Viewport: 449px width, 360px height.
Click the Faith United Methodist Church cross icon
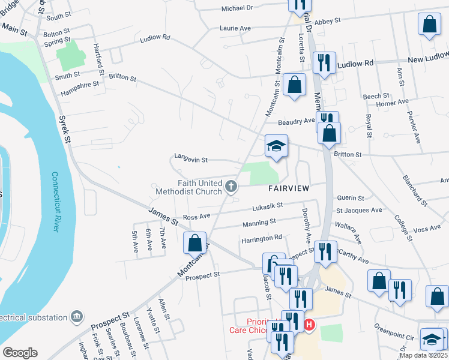click(x=230, y=187)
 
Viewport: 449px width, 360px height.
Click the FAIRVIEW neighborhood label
click(x=288, y=188)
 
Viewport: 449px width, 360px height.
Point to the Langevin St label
click(x=190, y=160)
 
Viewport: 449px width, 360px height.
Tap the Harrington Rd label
click(x=261, y=238)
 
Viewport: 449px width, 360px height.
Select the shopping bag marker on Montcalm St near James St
click(x=194, y=244)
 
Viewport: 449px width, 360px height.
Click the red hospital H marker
click(x=309, y=325)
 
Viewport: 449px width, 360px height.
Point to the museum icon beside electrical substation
click(x=76, y=316)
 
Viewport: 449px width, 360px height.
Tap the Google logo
click(x=20, y=353)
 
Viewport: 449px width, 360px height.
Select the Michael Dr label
click(x=237, y=8)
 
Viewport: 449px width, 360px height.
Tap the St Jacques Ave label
click(x=359, y=211)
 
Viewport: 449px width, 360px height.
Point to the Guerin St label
click(x=351, y=197)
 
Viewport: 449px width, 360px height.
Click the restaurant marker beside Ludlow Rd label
click(x=324, y=62)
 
